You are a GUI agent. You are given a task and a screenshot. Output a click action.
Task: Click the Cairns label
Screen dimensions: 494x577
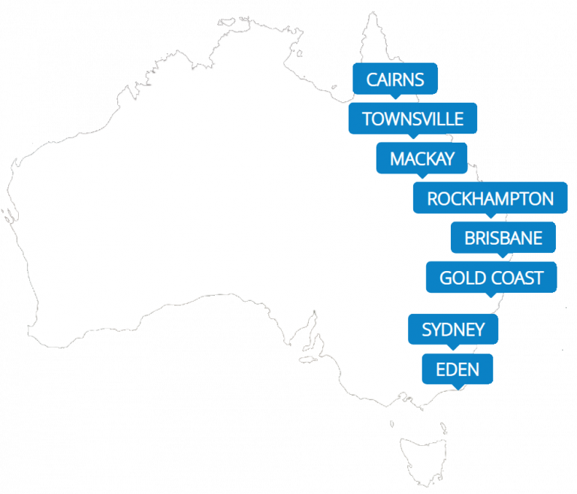(394, 79)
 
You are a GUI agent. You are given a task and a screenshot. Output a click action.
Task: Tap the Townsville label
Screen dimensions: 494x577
(412, 119)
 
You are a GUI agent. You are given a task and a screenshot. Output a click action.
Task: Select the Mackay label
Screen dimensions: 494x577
(421, 158)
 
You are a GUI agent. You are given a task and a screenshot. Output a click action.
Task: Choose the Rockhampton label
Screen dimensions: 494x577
(490, 198)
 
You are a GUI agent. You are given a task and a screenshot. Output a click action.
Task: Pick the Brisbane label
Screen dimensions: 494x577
(503, 238)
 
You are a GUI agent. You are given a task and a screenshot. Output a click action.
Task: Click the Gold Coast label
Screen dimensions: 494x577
(491, 278)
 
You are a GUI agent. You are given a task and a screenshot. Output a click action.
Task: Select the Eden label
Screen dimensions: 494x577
(458, 369)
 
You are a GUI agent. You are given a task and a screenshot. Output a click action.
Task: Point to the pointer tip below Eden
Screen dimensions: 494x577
(458, 388)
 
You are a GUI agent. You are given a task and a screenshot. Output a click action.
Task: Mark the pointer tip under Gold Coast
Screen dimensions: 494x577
(492, 297)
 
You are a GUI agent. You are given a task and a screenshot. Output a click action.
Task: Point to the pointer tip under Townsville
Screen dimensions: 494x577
(412, 137)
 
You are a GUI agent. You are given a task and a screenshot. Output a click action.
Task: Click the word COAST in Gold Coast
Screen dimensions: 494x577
(518, 278)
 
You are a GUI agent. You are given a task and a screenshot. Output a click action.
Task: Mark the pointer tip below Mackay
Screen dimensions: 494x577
(421, 177)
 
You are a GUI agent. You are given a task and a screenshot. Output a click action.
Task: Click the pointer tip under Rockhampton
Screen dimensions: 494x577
(492, 217)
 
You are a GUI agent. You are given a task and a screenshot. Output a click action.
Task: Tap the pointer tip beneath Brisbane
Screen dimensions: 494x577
(503, 257)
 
